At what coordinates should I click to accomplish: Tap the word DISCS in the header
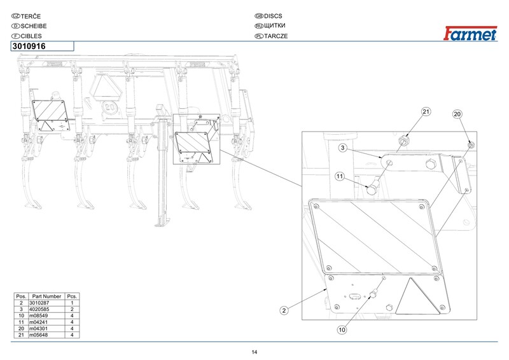275,15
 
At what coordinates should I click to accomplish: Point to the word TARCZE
277,36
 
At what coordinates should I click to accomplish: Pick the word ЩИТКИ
276,25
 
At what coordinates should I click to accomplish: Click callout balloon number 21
426,112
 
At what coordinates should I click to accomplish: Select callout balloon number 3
342,148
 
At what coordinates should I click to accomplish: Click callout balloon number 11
340,176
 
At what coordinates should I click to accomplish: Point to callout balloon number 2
284,310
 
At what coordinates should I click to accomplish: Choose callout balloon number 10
342,329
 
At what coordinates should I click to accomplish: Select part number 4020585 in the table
46,309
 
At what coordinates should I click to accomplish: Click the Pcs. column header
73,296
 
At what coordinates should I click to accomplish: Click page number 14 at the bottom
254,352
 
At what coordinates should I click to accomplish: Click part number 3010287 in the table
46,303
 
